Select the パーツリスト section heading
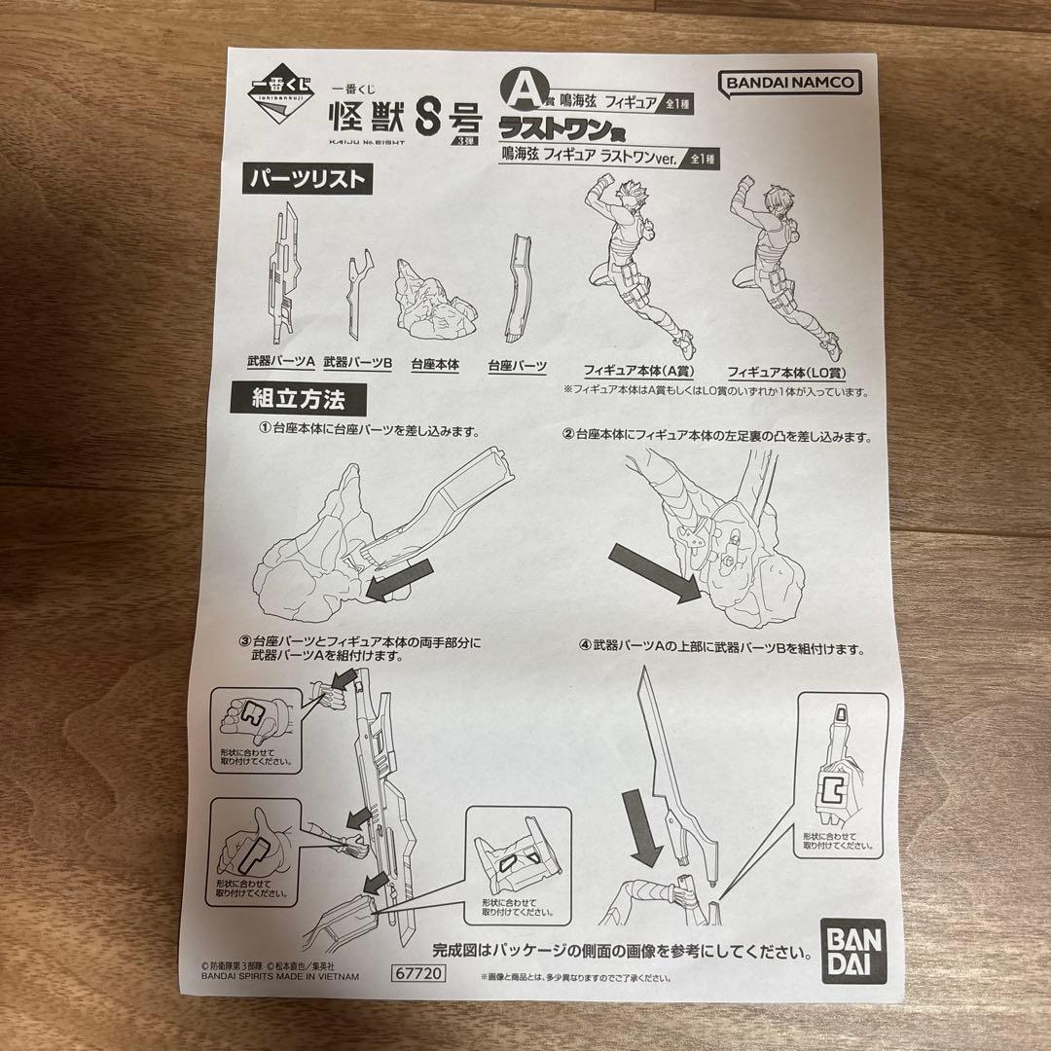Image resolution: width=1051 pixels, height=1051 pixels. pos(306,179)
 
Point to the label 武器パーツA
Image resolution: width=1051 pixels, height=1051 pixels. pos(281,363)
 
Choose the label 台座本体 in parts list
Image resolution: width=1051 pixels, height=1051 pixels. pos(435,366)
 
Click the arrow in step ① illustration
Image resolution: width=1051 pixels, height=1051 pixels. pos(395,585)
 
